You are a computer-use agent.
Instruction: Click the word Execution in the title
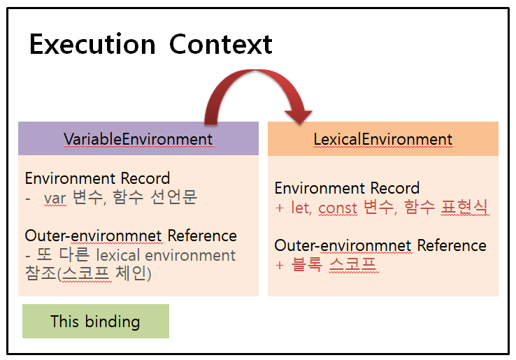tap(92, 45)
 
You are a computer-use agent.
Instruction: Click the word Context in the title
tap(220, 45)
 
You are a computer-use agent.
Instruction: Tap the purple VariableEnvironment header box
tap(138, 138)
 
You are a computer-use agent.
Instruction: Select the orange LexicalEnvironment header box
tap(382, 139)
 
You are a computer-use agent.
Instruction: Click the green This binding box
tap(95, 322)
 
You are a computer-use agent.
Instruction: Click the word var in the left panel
tap(55, 197)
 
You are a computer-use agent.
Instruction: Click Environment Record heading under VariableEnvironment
tap(97, 178)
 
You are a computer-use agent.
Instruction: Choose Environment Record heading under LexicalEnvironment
tap(347, 188)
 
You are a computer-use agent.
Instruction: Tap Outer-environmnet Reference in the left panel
tap(131, 236)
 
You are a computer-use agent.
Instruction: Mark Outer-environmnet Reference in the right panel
tap(380, 245)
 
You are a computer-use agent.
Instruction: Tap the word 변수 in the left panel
tap(87, 197)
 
